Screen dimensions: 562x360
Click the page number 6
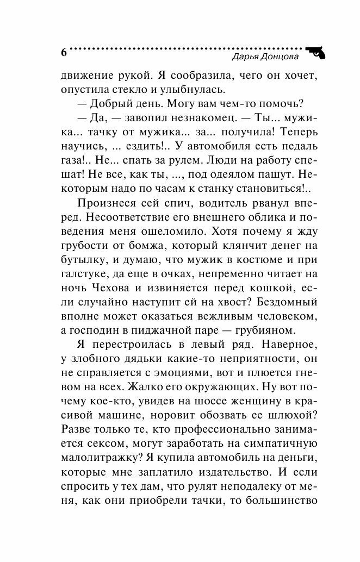64,53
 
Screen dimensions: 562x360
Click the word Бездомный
283,304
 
